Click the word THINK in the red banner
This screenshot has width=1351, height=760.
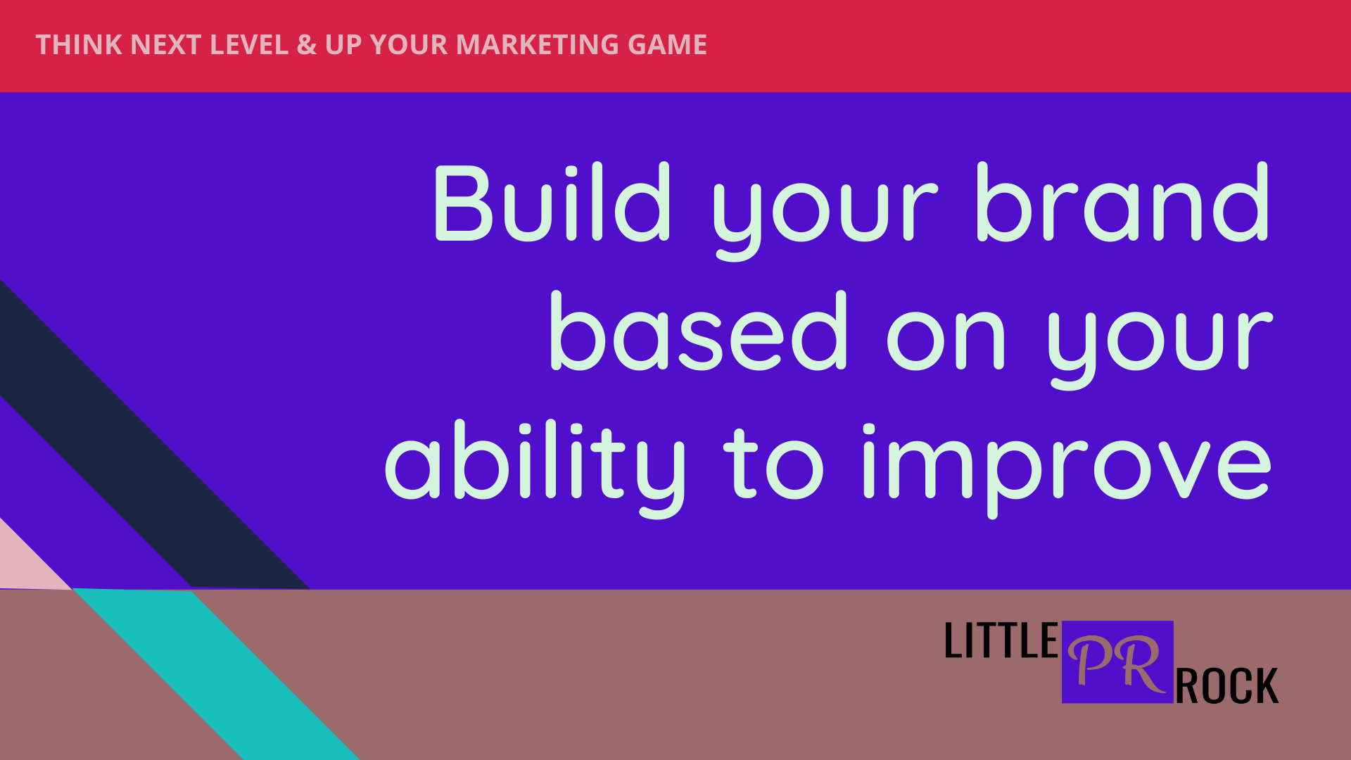(79, 45)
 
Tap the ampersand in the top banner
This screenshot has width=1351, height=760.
(306, 45)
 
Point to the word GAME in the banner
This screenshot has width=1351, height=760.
(667, 45)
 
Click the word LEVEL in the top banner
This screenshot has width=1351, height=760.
(249, 45)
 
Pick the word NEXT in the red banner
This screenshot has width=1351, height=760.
(166, 45)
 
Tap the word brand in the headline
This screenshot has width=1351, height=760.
(1122, 202)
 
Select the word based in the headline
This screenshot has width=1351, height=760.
(697, 331)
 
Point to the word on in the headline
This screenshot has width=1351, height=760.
(946, 341)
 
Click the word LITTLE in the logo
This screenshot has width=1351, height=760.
(1001, 640)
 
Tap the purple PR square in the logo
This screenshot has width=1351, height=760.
(1117, 661)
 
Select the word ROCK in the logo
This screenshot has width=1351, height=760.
(1226, 687)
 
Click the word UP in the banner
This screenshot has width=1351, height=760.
(343, 45)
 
